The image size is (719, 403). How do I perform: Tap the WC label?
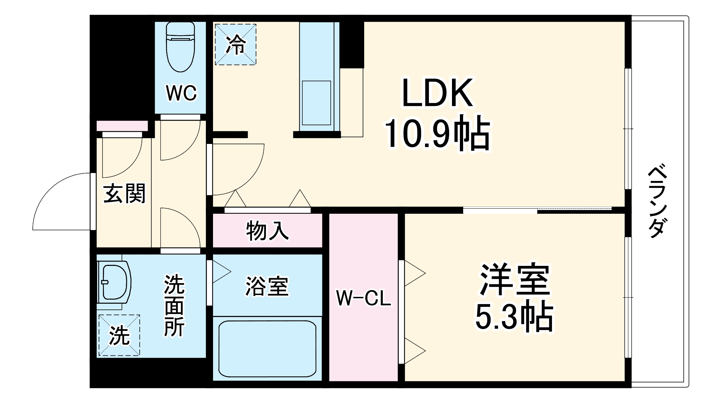tap(181, 93)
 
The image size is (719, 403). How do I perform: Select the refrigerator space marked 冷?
tap(236, 45)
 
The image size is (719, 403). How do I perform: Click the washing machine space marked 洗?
tap(119, 335)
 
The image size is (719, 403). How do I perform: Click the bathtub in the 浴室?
tap(267, 349)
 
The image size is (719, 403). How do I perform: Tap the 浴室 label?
tap(267, 286)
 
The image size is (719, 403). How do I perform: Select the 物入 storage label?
tap(267, 231)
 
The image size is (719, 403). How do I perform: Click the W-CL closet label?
tap(363, 298)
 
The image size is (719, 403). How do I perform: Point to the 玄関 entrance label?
tap(125, 193)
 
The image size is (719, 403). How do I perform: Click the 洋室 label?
tap(515, 280)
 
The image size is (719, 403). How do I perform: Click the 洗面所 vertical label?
tap(174, 305)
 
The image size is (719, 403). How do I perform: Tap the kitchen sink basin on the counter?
tap(316, 103)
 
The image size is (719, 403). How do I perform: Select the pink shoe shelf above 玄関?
tap(122, 126)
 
